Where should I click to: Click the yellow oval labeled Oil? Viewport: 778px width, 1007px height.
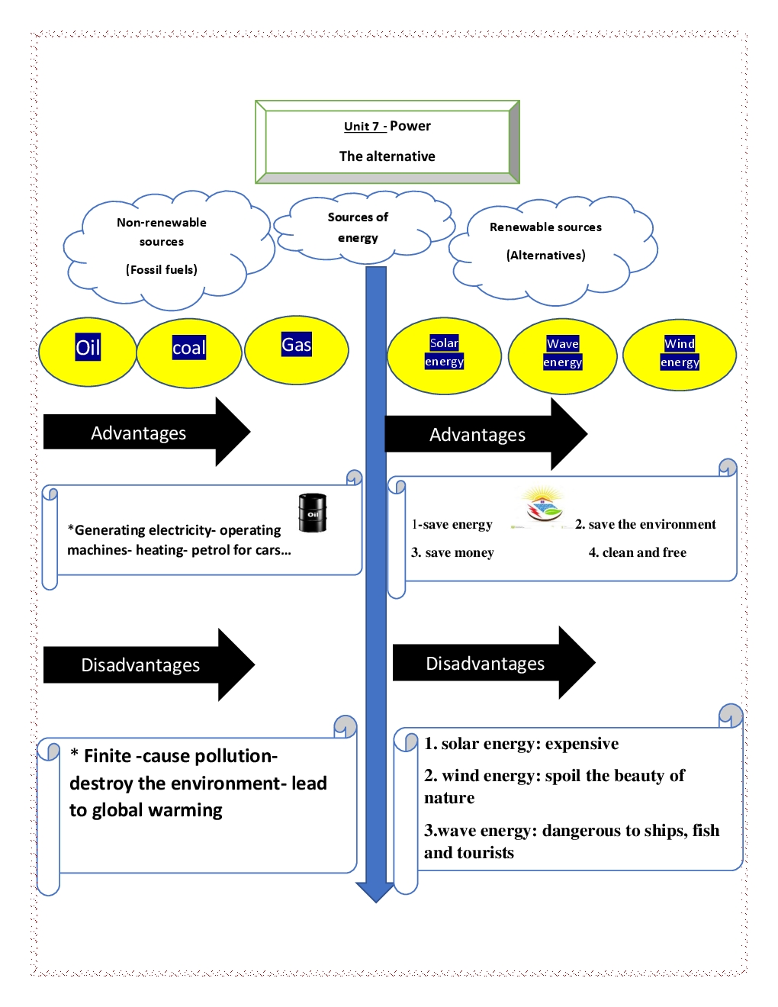click(88, 352)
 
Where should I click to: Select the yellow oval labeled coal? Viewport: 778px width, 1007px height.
click(189, 352)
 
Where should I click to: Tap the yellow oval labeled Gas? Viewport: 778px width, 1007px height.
click(297, 349)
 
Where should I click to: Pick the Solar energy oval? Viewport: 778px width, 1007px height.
click(444, 356)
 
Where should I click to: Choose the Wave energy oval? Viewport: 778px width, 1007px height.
click(562, 356)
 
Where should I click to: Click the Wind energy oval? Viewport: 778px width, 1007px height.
click(680, 355)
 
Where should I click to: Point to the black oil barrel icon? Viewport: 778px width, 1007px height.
click(312, 513)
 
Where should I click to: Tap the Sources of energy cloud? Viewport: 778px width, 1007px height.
click(358, 227)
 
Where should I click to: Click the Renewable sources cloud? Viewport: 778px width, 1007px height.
click(546, 243)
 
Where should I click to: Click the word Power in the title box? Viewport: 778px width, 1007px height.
click(410, 126)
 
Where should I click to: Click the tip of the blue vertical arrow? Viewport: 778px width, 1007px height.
click(375, 899)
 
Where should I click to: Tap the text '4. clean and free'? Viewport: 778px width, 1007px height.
click(637, 552)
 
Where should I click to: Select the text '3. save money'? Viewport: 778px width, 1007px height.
click(452, 552)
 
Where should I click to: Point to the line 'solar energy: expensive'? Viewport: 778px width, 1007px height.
click(529, 744)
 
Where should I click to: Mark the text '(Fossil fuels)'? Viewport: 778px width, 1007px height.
click(162, 269)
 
